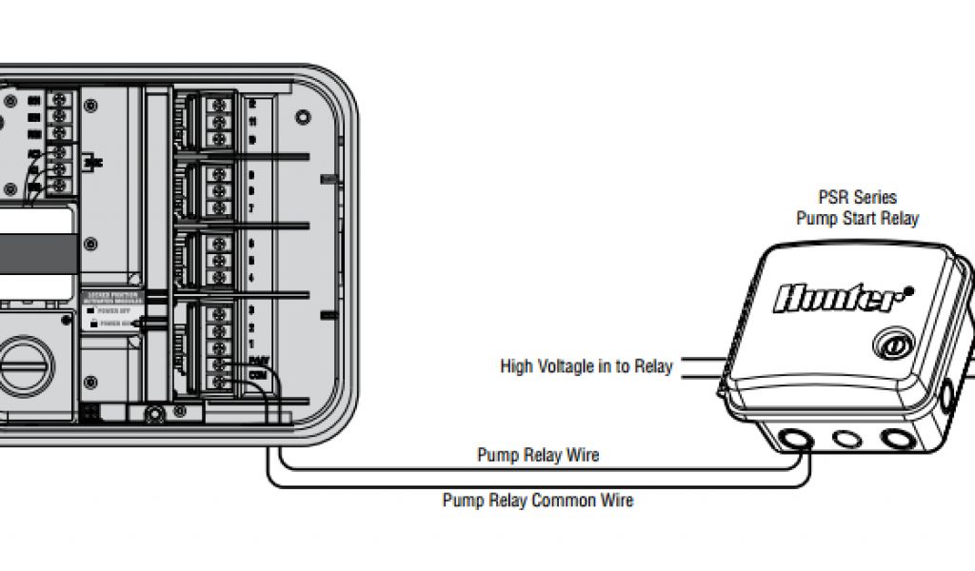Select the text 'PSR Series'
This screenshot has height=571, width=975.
[x=858, y=198]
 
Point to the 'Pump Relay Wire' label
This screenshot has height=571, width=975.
[x=538, y=455]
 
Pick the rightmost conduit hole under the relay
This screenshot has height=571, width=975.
[x=897, y=440]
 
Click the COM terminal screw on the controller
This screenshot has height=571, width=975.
[x=221, y=383]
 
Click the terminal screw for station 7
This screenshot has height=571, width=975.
[x=221, y=207]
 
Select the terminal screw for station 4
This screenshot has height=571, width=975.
[x=221, y=277]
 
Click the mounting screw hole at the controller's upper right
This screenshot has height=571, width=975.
[x=303, y=118]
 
